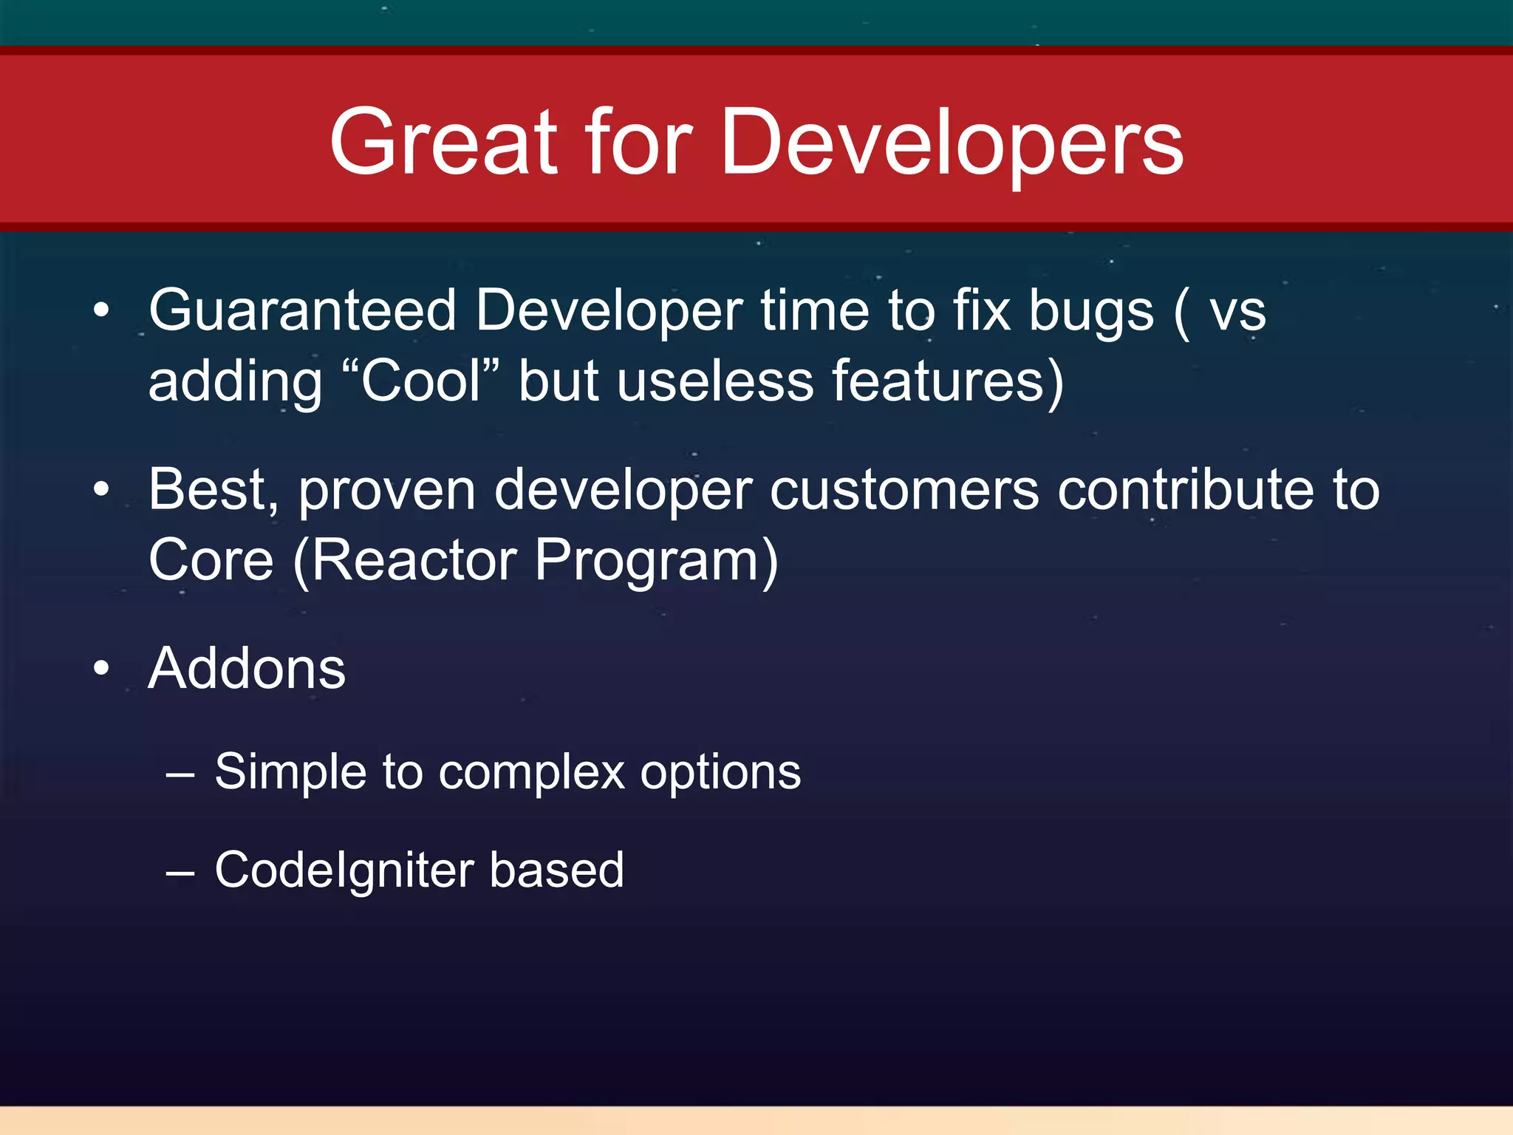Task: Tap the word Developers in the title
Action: point(952,142)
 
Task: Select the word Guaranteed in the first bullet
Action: point(302,311)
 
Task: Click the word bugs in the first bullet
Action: point(1090,311)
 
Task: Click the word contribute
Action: point(1185,490)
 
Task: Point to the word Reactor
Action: point(414,561)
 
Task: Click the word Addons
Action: point(247,669)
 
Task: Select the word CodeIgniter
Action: point(344,870)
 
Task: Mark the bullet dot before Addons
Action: point(101,669)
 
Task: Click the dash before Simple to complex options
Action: point(180,774)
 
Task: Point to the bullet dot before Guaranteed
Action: point(101,311)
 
